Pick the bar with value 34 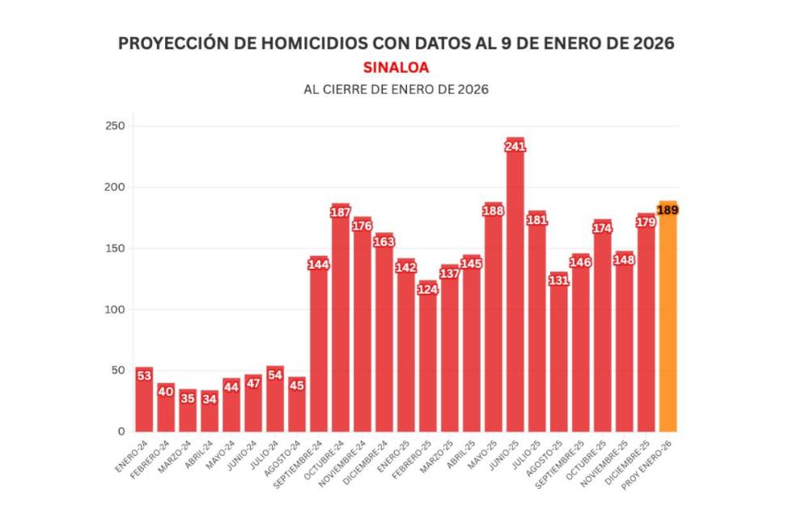[210, 413]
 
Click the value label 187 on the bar [341, 212]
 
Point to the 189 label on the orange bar [667, 210]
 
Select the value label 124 [428, 289]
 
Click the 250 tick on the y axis [114, 126]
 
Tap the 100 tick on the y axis [114, 309]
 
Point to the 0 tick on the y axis [120, 431]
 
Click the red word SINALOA [396, 67]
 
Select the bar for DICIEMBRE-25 [646, 324]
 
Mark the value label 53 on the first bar [144, 376]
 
